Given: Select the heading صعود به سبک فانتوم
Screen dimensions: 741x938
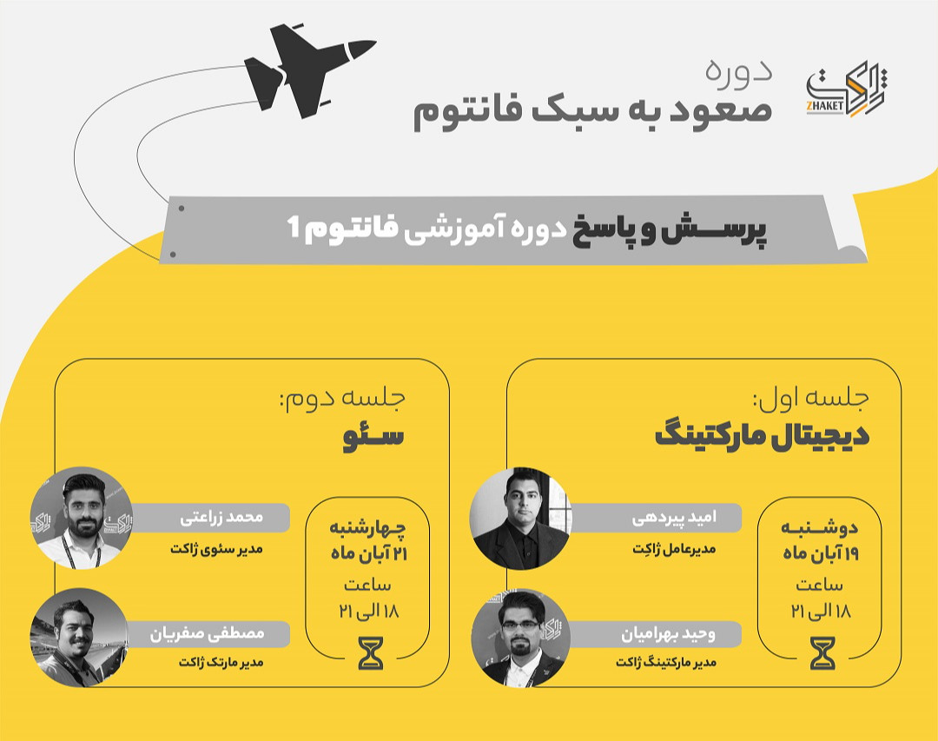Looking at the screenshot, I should tap(591, 114).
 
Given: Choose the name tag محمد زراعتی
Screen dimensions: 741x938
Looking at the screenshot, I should tap(221, 519).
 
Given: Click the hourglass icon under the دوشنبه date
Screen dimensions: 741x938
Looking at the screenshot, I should tap(822, 652).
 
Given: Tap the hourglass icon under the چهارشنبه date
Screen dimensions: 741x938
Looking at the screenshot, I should tap(371, 652).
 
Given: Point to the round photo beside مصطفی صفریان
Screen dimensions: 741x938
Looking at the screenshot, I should tap(78, 637).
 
